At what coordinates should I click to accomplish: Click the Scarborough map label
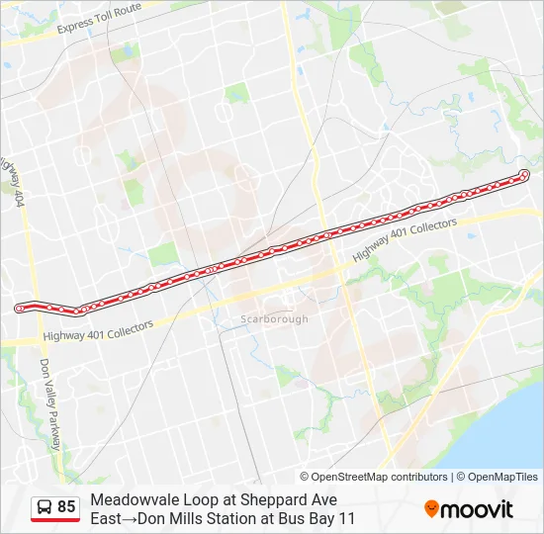(274, 319)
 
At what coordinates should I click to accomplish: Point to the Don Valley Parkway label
(50, 404)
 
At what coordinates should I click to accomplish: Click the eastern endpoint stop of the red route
(524, 176)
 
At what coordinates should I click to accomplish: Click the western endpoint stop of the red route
(19, 309)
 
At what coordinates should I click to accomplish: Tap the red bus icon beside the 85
(43, 507)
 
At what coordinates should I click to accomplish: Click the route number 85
(66, 507)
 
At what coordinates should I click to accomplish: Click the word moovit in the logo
(477, 509)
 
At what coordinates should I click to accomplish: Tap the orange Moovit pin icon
(431, 509)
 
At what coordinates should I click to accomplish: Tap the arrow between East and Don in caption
(130, 517)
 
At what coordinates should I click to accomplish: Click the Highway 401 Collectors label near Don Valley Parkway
(98, 332)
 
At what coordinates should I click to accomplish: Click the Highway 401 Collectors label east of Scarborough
(405, 239)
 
